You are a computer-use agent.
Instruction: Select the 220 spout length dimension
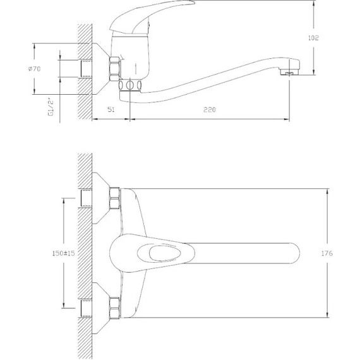point(210,109)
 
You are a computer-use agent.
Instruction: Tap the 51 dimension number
point(111,109)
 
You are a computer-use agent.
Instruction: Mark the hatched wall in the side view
point(84,69)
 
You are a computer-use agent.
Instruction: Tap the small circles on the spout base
point(130,85)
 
